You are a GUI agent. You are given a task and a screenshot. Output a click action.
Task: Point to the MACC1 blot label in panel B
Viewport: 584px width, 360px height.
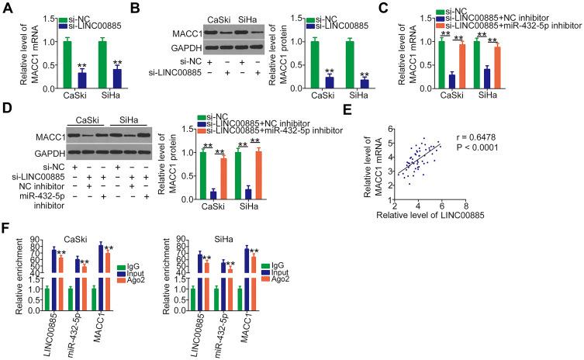[179, 33]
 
